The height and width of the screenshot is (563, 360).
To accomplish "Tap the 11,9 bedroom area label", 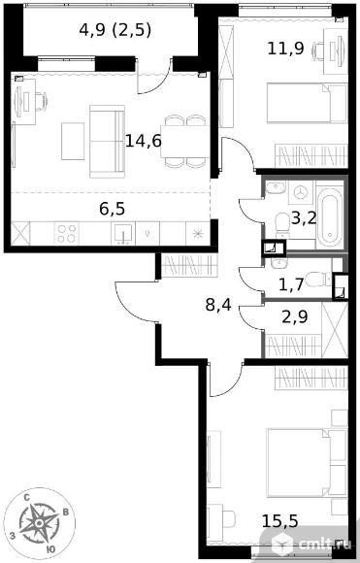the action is pyautogui.click(x=285, y=49).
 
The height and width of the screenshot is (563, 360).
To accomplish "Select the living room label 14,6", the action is pyautogui.click(x=144, y=141).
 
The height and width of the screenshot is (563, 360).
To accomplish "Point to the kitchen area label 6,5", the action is pyautogui.click(x=113, y=209).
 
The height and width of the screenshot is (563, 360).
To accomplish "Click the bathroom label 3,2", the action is pyautogui.click(x=304, y=217).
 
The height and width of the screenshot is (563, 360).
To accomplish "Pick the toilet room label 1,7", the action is pyautogui.click(x=291, y=285).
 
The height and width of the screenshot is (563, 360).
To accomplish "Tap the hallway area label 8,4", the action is pyautogui.click(x=218, y=305).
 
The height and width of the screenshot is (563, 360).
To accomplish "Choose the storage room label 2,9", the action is pyautogui.click(x=294, y=317).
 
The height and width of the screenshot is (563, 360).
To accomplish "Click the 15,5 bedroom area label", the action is pyautogui.click(x=280, y=521).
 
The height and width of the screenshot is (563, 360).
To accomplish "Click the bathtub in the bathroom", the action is pyautogui.click(x=330, y=215).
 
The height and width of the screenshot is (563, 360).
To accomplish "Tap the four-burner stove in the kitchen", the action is pyautogui.click(x=66, y=233).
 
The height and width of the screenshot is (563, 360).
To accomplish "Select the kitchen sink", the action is pyautogui.click(x=123, y=233).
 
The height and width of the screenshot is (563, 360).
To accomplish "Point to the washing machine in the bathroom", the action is pyautogui.click(x=301, y=192).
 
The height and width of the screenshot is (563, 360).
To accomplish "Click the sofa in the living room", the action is pyautogui.click(x=107, y=142).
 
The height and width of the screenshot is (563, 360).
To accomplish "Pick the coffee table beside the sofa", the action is pyautogui.click(x=73, y=141).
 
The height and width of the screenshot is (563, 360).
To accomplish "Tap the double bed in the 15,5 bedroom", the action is pyautogui.click(x=307, y=463).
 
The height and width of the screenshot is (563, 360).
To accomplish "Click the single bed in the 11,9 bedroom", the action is pyautogui.click(x=307, y=104).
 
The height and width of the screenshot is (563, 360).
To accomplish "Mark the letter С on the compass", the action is pyautogui.click(x=26, y=498).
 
